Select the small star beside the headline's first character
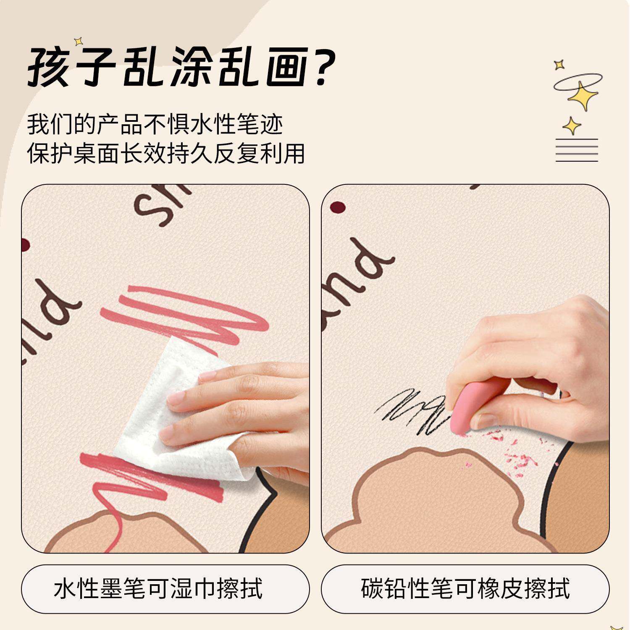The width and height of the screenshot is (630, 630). tap(78, 42)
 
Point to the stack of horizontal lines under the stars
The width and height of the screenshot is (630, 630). tap(577, 150)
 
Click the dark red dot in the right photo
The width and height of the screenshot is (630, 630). tap(338, 207)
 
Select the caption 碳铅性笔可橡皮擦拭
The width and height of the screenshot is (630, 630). tap(465, 589)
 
